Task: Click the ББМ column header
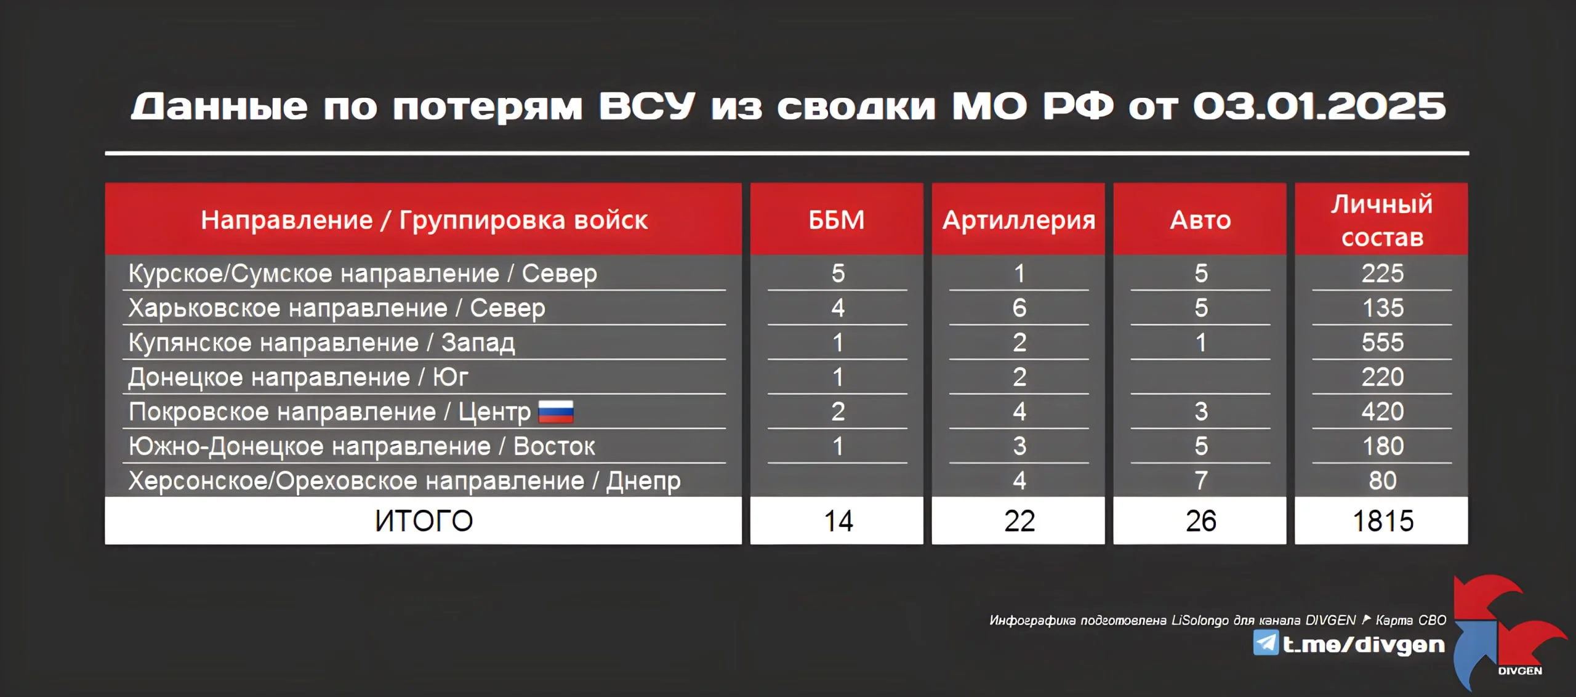click(x=837, y=220)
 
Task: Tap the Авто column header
click(x=1200, y=220)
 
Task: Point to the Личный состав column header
click(x=1382, y=220)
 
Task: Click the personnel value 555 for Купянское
click(x=1383, y=342)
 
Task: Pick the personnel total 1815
click(x=1383, y=521)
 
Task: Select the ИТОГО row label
click(x=424, y=521)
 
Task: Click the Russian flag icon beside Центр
click(x=556, y=412)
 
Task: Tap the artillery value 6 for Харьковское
click(x=1019, y=308)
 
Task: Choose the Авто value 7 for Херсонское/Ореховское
click(x=1201, y=481)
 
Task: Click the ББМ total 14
click(x=838, y=521)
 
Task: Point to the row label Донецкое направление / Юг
click(x=298, y=377)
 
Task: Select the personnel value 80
click(x=1383, y=481)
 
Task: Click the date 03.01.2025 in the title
click(x=1319, y=107)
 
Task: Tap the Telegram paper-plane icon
click(x=1266, y=643)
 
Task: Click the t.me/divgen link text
click(x=1364, y=645)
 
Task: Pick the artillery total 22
click(x=1019, y=521)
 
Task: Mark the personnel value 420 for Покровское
click(x=1383, y=412)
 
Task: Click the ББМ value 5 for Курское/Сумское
click(x=838, y=273)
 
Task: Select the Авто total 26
click(x=1201, y=521)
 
